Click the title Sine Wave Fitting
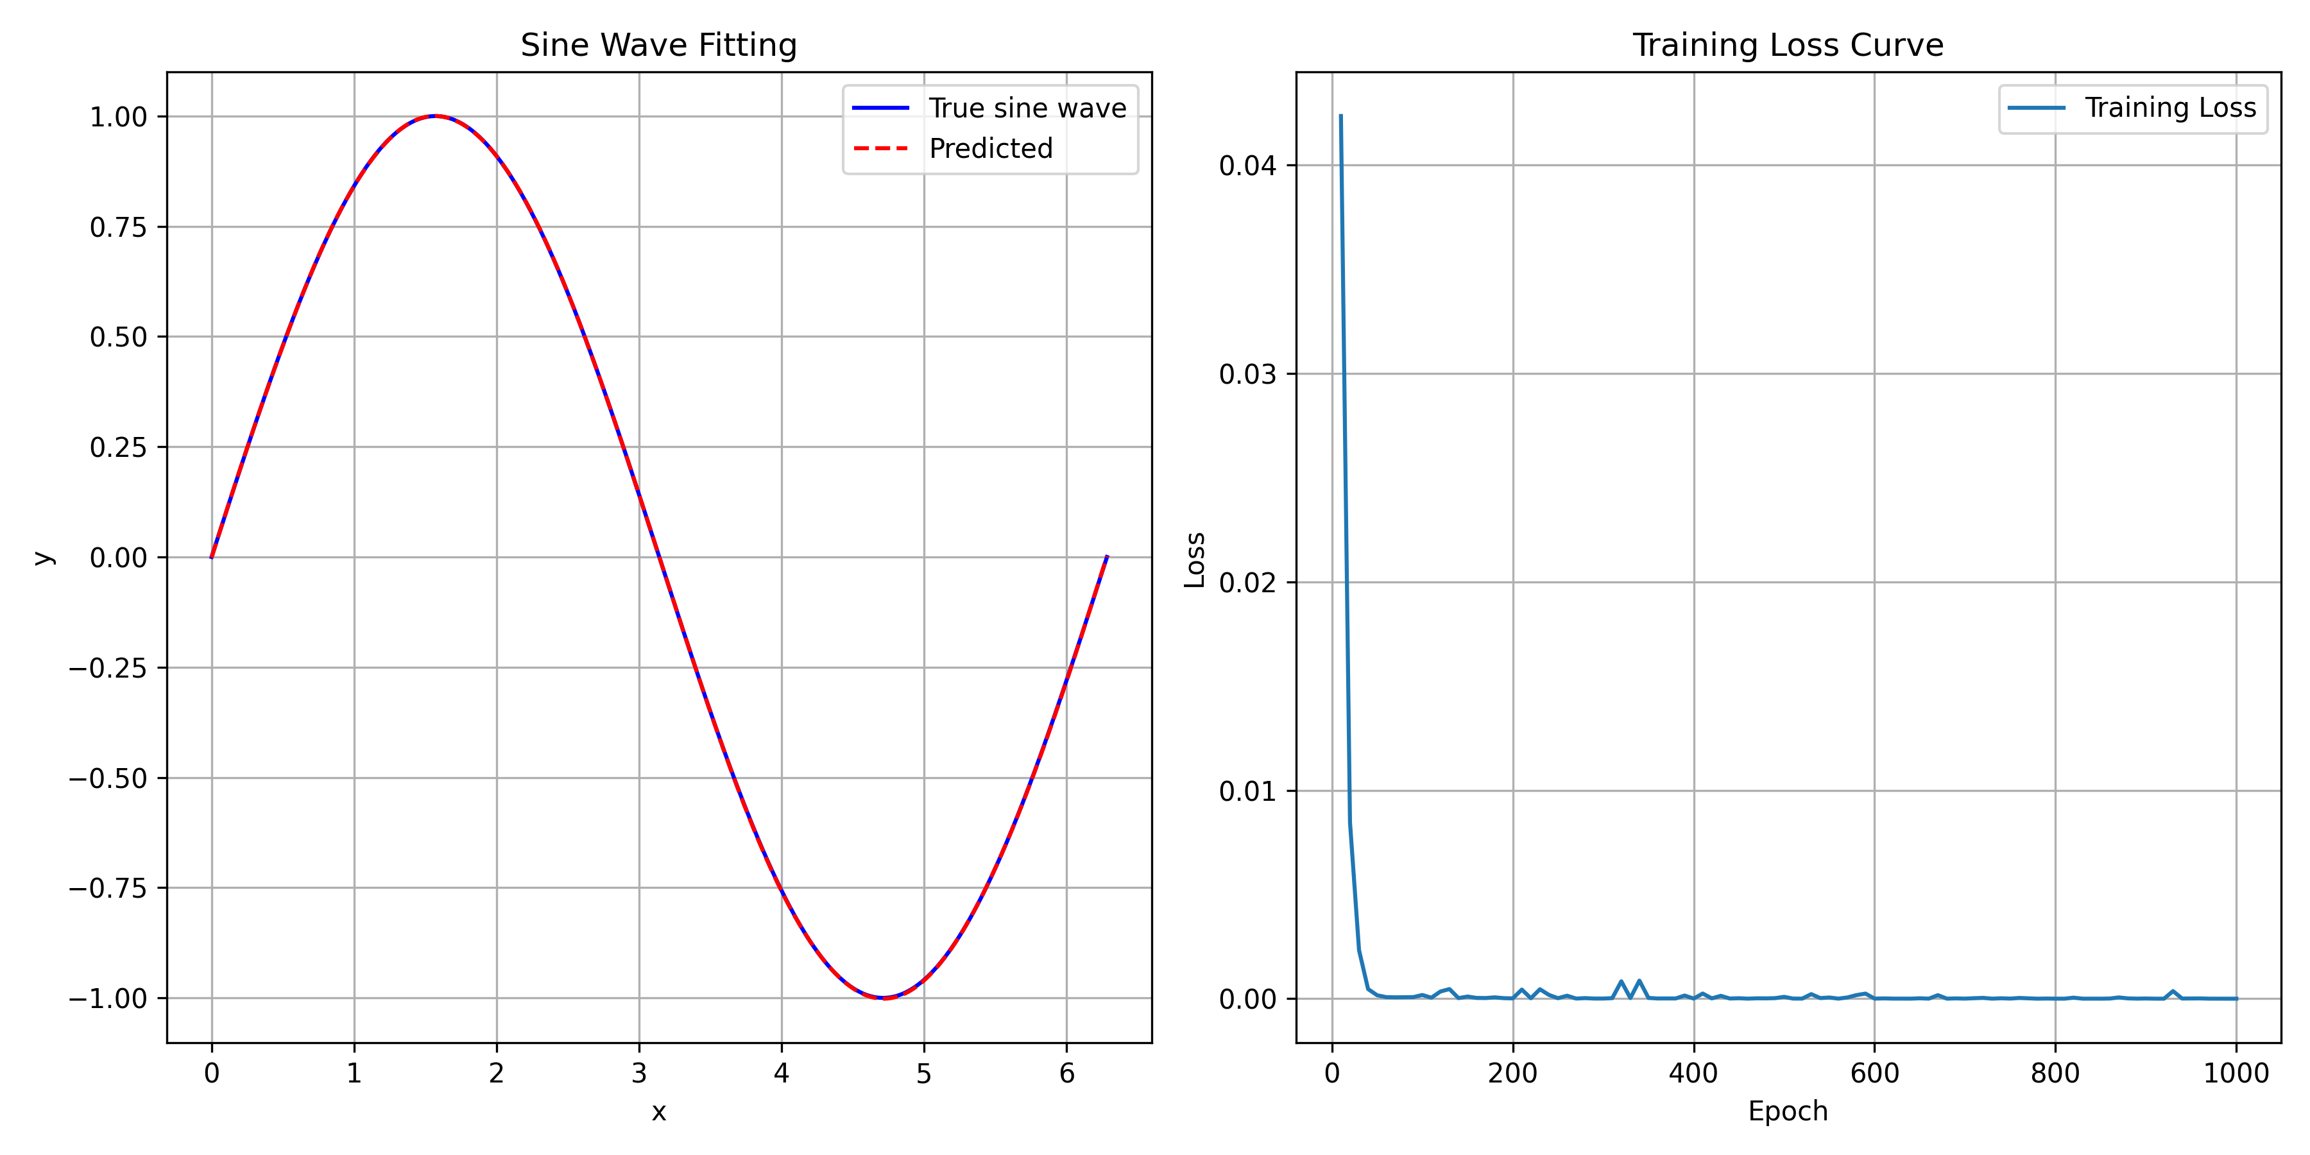[658, 45]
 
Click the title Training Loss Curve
[1787, 45]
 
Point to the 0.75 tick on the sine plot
[117, 228]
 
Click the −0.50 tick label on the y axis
[108, 778]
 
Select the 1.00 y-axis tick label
[117, 117]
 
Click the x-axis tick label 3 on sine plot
[638, 1074]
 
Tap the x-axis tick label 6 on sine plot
[1066, 1074]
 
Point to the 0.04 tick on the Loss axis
[1247, 166]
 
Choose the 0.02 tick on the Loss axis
[1247, 583]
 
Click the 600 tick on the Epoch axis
[1874, 1074]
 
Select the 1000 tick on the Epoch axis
[2236, 1074]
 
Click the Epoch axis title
[1787, 1112]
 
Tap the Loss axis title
[1194, 560]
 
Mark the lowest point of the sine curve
[884, 998]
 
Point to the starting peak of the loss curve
[1340, 116]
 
